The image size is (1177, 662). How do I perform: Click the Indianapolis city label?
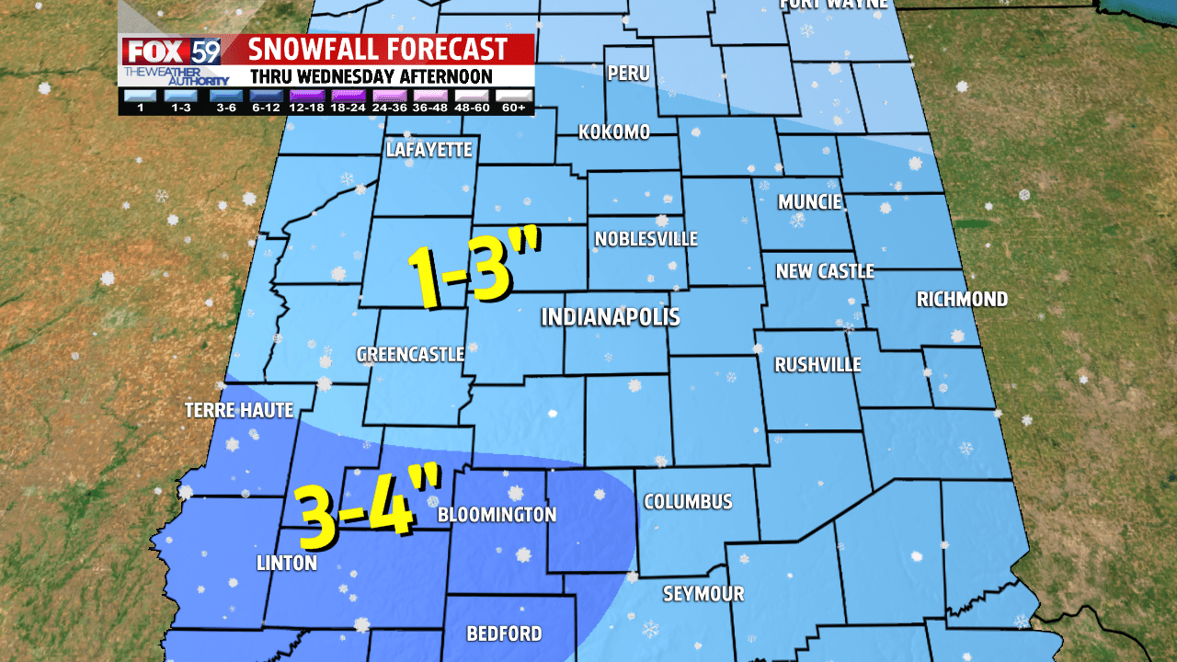click(611, 318)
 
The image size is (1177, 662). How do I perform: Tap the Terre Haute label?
click(239, 410)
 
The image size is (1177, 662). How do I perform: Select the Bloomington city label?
click(497, 515)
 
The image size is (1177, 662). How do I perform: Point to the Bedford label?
click(504, 633)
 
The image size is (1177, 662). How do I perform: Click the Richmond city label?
click(962, 300)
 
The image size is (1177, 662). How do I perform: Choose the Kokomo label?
click(614, 132)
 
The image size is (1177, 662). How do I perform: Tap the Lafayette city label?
click(429, 150)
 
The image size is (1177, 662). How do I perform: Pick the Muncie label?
click(809, 202)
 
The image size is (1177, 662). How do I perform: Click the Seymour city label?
click(703, 595)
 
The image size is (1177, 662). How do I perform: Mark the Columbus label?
click(688, 502)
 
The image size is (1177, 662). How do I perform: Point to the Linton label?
click(288, 564)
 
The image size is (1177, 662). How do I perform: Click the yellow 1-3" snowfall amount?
click(474, 269)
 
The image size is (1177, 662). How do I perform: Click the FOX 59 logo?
click(172, 51)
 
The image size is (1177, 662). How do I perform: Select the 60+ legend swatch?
click(514, 101)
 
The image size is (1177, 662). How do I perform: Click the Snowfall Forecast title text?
click(378, 49)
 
